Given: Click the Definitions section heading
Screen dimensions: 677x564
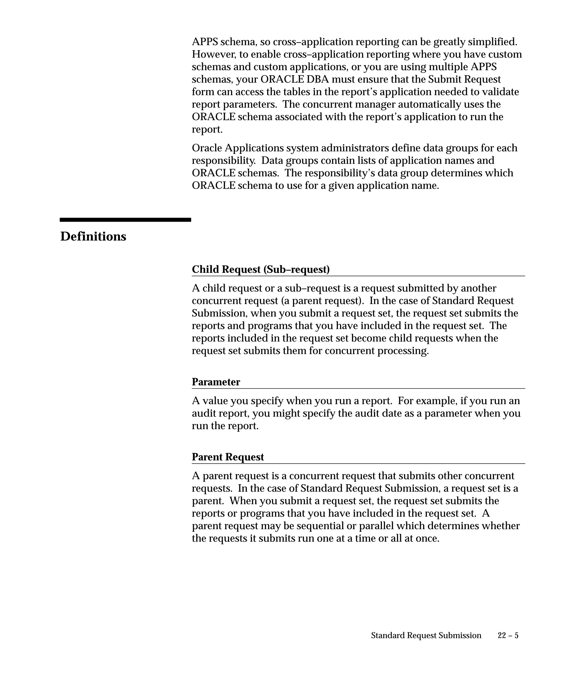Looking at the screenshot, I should (x=93, y=236).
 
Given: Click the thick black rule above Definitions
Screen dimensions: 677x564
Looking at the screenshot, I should (x=125, y=220).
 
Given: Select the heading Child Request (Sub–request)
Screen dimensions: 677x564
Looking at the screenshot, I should (x=261, y=269).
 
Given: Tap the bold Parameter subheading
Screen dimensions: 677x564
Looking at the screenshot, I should (x=216, y=382).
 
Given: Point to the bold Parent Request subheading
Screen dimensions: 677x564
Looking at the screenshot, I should (x=228, y=457).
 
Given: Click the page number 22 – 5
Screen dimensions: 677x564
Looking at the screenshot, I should (x=508, y=635).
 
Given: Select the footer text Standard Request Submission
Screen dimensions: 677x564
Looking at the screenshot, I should (x=426, y=635).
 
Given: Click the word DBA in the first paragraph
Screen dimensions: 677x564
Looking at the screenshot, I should (x=318, y=79).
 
